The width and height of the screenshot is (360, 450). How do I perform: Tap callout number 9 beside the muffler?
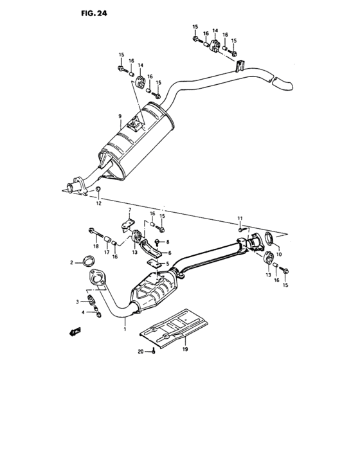120,116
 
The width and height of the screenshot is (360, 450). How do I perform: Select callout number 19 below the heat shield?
184,350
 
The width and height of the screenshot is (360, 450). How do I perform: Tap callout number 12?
99,204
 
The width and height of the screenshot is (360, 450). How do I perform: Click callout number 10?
278,254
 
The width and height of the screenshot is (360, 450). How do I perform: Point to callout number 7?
129,211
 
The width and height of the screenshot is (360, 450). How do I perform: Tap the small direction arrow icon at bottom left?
75,332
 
